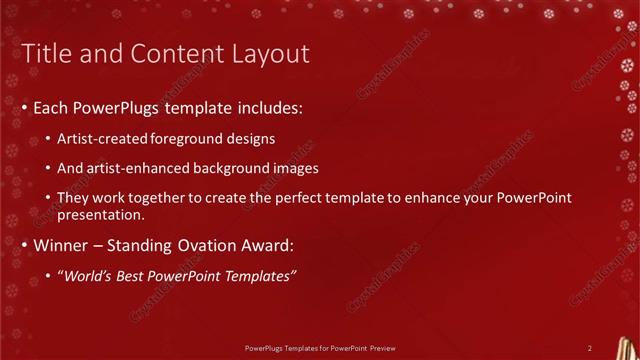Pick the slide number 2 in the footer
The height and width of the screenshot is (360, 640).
590,347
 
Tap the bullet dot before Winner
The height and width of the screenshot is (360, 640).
25,245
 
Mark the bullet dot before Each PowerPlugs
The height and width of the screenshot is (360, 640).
25,107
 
